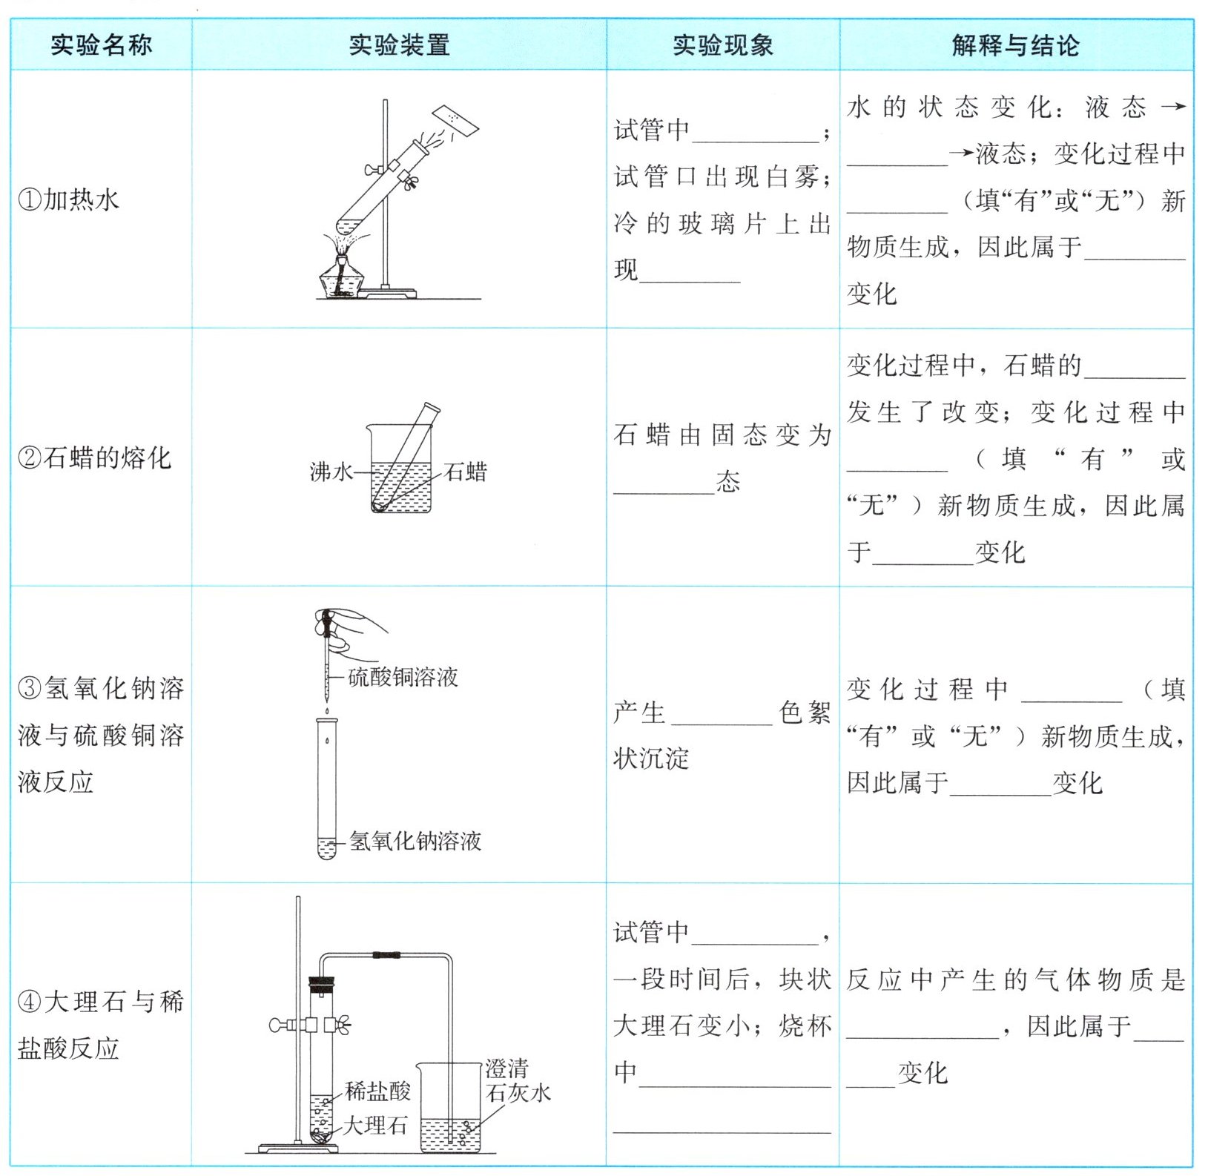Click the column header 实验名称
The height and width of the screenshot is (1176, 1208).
coord(101,45)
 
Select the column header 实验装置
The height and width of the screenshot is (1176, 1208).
coord(399,45)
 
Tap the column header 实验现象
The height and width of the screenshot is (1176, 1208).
coord(722,45)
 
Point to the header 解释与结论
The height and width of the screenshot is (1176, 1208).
coord(1015,45)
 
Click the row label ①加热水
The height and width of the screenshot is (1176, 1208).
coord(68,199)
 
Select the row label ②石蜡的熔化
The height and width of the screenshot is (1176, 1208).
coord(94,457)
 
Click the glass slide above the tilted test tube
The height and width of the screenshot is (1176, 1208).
coord(456,121)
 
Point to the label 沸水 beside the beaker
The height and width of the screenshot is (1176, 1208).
coord(331,472)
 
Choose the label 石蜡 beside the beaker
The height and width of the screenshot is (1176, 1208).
coord(466,472)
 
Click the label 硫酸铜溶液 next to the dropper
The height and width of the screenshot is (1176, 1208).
coord(403,677)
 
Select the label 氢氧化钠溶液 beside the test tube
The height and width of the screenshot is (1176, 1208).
coord(415,841)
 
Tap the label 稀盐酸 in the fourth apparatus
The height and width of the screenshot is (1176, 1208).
coord(377,1090)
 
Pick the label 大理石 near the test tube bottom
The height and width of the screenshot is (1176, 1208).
coord(374,1126)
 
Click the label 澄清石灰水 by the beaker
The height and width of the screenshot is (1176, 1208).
coord(518,1080)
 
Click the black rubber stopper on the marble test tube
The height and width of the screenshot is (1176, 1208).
coord(322,986)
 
